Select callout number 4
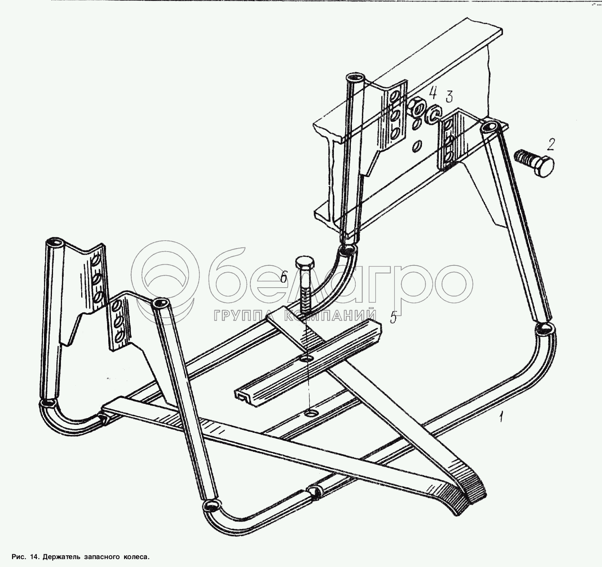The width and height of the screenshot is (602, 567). click(434, 91)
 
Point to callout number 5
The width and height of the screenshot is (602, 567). click(393, 318)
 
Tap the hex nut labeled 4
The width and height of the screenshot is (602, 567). click(417, 108)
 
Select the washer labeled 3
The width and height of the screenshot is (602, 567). click(433, 114)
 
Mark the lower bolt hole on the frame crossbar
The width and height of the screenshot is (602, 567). click(311, 414)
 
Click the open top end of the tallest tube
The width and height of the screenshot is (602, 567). click(355, 80)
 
